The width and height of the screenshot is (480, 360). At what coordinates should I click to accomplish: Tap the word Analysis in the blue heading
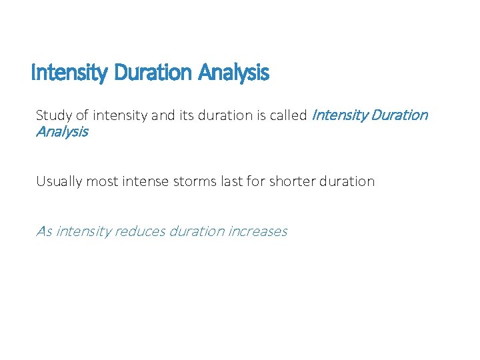(x=233, y=73)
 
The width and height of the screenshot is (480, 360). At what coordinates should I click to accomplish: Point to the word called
(x=288, y=115)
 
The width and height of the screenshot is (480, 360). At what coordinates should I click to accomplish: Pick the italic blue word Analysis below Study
(x=62, y=132)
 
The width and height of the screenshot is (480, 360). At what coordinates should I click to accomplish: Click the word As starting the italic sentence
(x=44, y=231)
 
